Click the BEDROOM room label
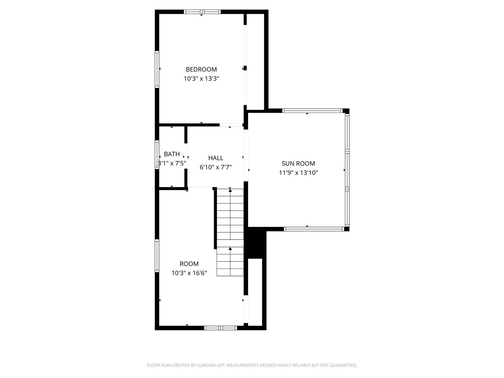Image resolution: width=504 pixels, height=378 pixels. point(201,69)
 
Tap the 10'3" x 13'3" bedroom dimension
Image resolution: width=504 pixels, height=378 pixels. point(201,78)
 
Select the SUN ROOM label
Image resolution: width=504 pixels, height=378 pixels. point(298,163)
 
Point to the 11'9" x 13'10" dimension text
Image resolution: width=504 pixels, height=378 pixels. point(298,172)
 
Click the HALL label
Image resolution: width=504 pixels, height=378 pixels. point(215,158)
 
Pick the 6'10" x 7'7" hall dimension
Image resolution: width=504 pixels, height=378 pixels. point(215,167)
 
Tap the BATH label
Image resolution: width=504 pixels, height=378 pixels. point(172,154)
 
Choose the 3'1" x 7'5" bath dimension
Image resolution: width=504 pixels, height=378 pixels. point(172,163)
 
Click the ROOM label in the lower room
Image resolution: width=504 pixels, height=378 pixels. point(189,264)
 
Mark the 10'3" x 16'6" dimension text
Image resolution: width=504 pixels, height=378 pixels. point(189,273)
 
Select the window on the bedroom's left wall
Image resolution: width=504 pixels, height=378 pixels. point(157,69)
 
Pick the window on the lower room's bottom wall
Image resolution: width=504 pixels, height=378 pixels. point(220,328)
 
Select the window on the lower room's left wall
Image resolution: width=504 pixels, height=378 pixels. point(157,256)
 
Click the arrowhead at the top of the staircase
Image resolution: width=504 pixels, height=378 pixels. point(230,190)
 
